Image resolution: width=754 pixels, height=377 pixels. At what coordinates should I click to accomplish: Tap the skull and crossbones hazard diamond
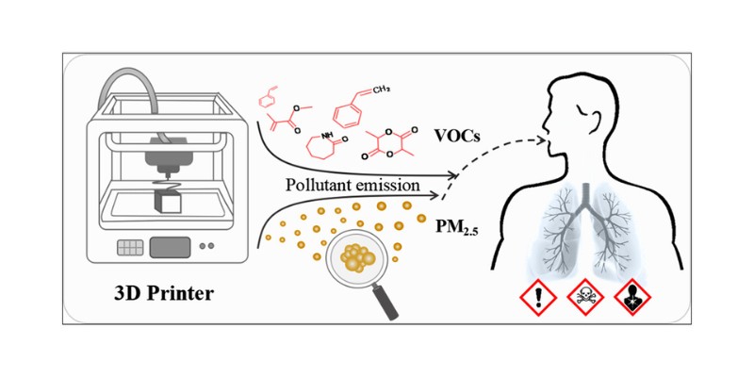coord(585,300)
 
